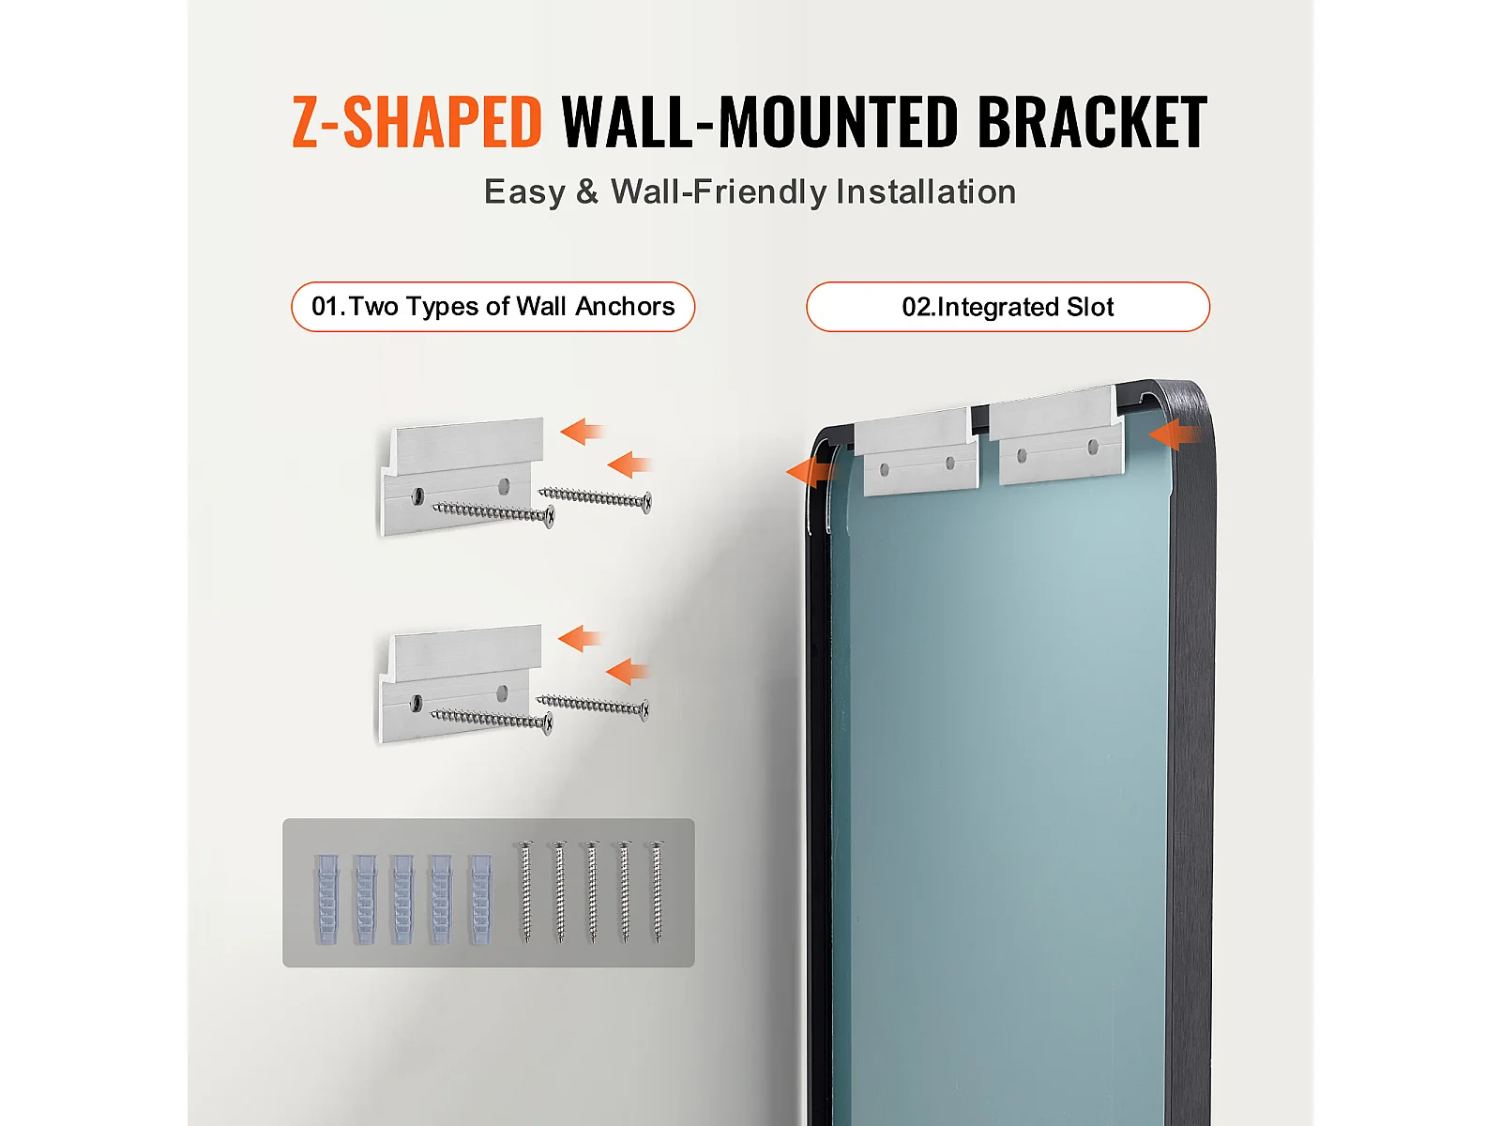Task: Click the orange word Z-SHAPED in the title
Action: tap(417, 122)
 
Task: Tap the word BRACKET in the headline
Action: tap(1092, 122)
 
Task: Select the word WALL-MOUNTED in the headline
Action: tap(759, 122)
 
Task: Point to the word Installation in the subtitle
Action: tap(926, 191)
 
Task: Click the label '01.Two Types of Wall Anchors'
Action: tap(493, 306)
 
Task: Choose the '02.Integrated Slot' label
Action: tap(1008, 306)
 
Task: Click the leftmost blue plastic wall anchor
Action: tap(326, 899)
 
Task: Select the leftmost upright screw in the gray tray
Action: tap(526, 892)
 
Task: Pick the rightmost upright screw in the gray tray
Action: tap(657, 892)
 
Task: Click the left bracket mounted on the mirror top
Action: tap(916, 451)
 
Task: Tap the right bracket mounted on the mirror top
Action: tap(1056, 434)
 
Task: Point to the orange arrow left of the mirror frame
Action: tap(811, 472)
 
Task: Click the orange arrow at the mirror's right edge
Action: tap(1175, 434)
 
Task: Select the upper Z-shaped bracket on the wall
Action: tap(461, 477)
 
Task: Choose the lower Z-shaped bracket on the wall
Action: tap(460, 682)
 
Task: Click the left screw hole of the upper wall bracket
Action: tap(417, 495)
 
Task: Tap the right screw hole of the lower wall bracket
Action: tap(503, 692)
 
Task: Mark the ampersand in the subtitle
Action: tap(587, 192)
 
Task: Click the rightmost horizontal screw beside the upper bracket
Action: tap(595, 498)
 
